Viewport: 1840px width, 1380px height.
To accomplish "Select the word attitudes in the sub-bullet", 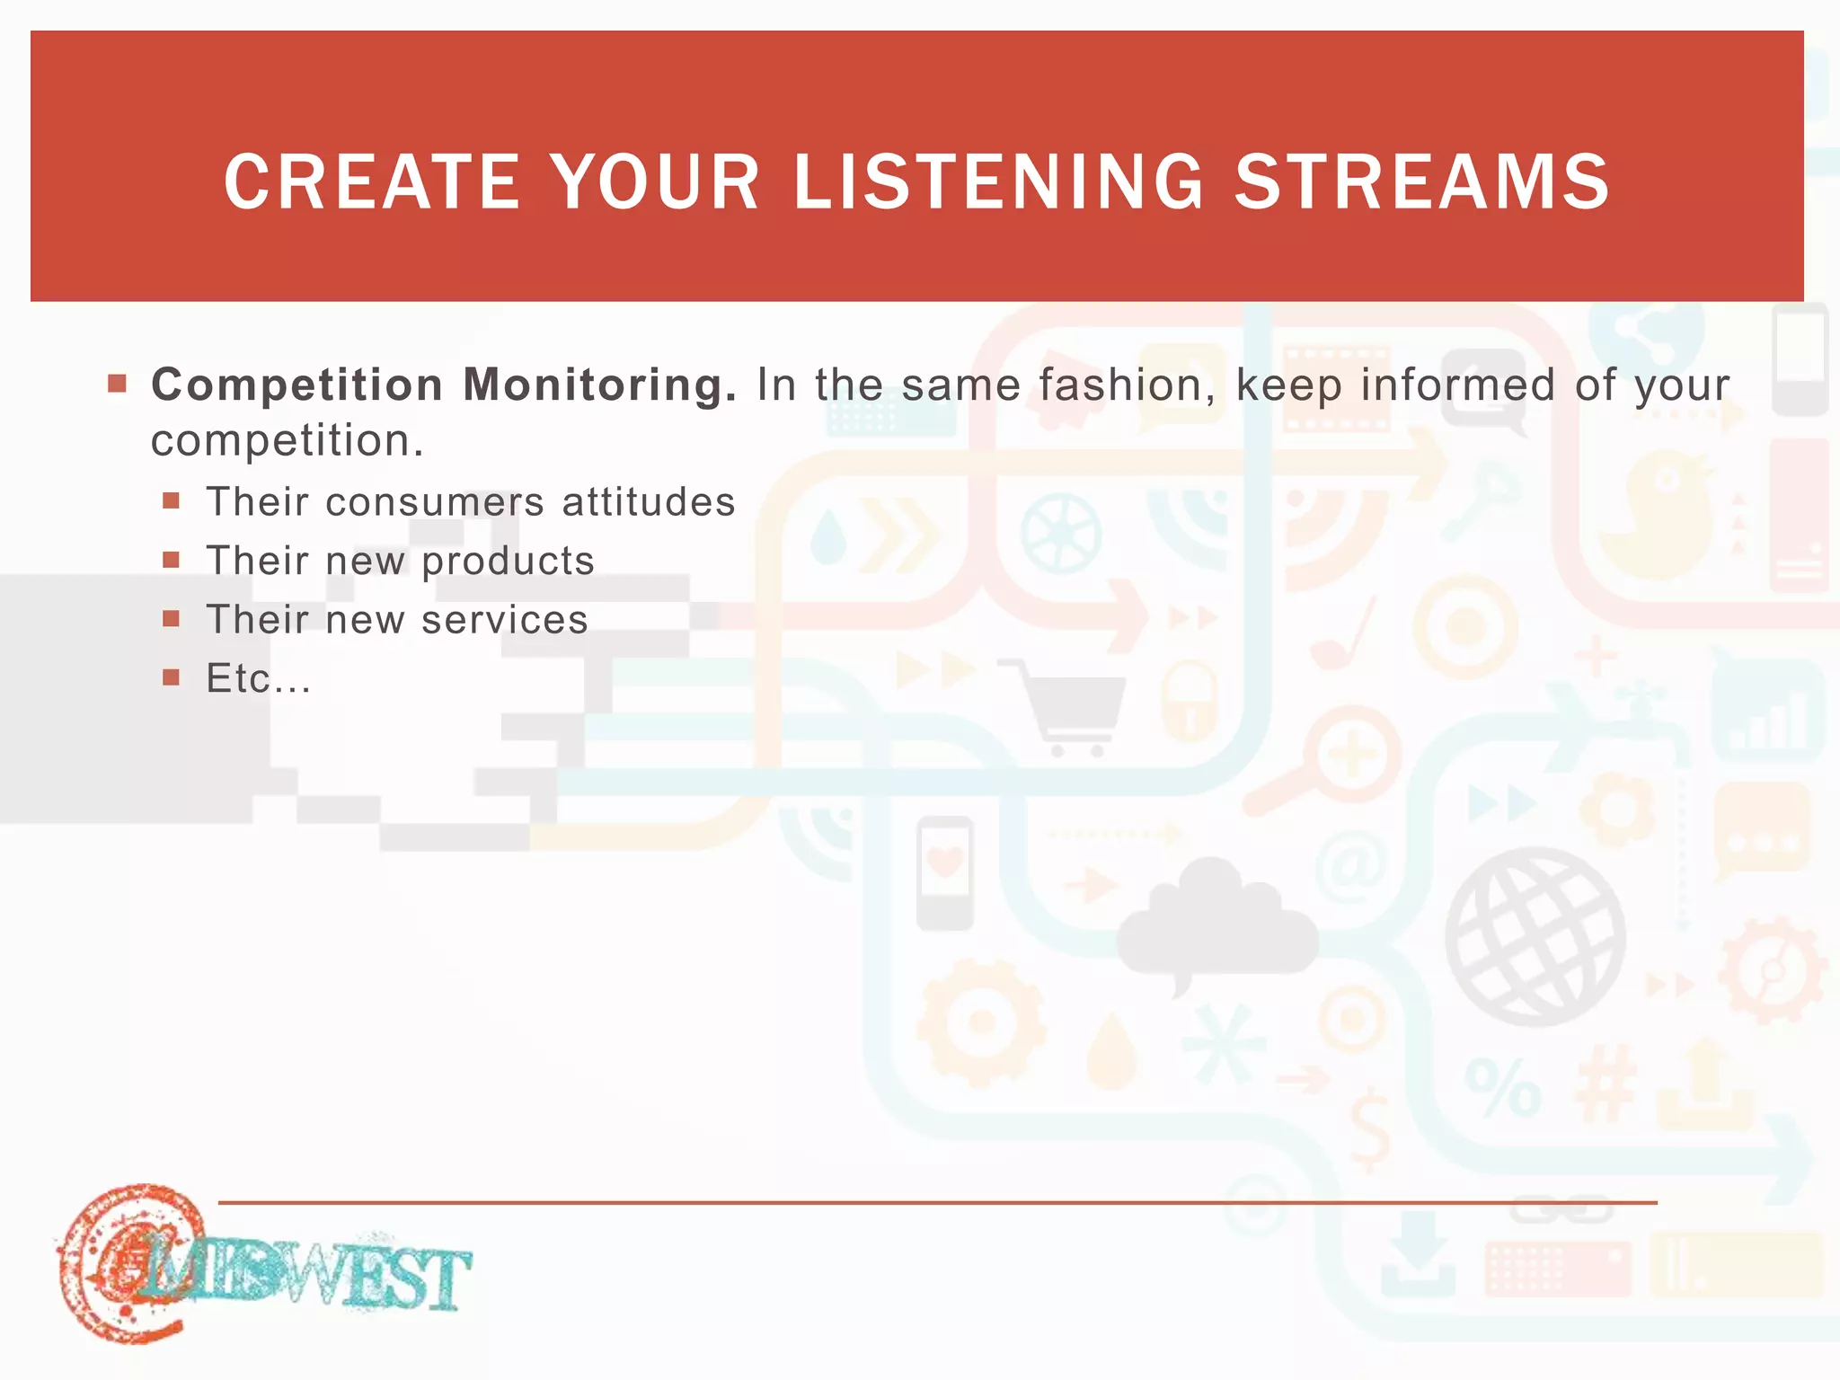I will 649,501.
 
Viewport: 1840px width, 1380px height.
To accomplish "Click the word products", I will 508,561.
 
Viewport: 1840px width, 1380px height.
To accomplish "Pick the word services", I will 504,620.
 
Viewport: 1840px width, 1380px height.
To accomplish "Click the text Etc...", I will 258,678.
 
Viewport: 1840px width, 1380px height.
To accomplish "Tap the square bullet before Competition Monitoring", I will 117,385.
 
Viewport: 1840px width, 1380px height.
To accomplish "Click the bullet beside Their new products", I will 172,561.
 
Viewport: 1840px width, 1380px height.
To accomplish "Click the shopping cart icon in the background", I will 1069,705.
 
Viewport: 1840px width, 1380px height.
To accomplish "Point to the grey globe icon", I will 1535,936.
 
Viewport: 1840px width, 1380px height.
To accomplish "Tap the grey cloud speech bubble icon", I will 1216,925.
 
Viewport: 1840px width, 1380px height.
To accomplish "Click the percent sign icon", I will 1502,1087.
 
